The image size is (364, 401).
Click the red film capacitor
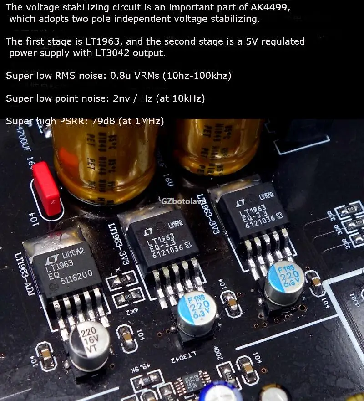click(x=47, y=187)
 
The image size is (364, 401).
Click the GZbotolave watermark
click(x=181, y=200)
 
